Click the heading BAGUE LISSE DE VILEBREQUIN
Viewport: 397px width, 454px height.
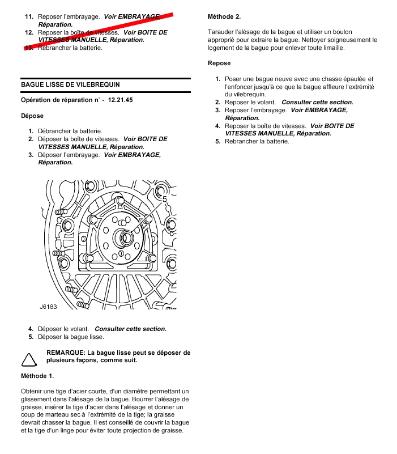pyautogui.click(x=70, y=84)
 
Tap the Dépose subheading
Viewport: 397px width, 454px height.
pyautogui.click(x=32, y=116)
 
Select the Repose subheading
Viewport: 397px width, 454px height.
pyautogui.click(x=219, y=63)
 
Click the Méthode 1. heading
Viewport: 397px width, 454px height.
pyautogui.click(x=37, y=376)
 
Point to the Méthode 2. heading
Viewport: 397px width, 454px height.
pyautogui.click(x=224, y=16)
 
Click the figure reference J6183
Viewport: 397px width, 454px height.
pyautogui.click(x=49, y=306)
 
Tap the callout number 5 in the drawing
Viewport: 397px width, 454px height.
pyautogui.click(x=164, y=199)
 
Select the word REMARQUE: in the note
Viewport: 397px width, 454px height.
pyautogui.click(x=66, y=353)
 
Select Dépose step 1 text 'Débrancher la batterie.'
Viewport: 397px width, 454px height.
pyautogui.click(x=70, y=131)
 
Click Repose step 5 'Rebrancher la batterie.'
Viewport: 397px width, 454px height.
pyautogui.click(x=257, y=141)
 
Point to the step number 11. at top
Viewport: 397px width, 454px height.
pyautogui.click(x=29, y=17)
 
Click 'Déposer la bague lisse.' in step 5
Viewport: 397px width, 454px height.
pyautogui.click(x=70, y=337)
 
